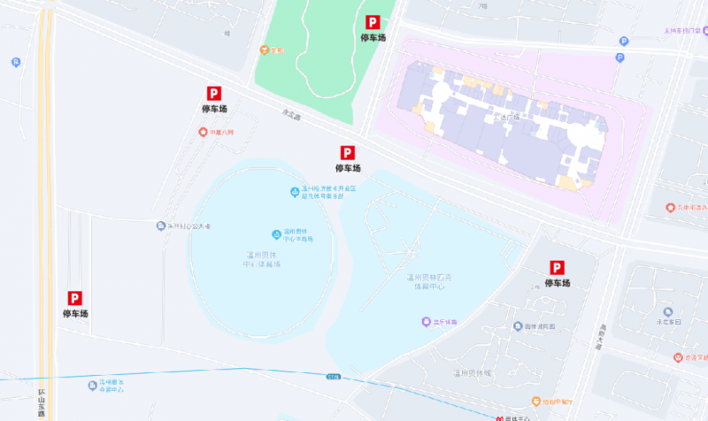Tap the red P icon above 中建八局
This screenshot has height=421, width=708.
pos(213,93)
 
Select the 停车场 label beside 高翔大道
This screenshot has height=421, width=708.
pos(558,283)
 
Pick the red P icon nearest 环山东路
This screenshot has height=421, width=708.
pos(75,299)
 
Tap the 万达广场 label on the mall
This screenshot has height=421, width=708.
pos(508,116)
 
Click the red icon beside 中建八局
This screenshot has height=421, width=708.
pos(202,133)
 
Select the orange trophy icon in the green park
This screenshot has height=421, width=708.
pos(264,50)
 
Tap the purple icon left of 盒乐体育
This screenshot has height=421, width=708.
pos(425,323)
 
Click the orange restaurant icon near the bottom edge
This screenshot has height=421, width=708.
pos(536,402)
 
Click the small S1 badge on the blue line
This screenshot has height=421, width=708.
pos(332,377)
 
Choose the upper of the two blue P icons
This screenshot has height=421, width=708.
pos(622,41)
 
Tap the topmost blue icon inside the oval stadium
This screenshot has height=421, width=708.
pos(295,192)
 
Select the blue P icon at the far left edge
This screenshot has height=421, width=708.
pos(16,62)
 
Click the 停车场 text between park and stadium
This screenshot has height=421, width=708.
pos(348,168)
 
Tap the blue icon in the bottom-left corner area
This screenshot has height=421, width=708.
pos(92,385)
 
